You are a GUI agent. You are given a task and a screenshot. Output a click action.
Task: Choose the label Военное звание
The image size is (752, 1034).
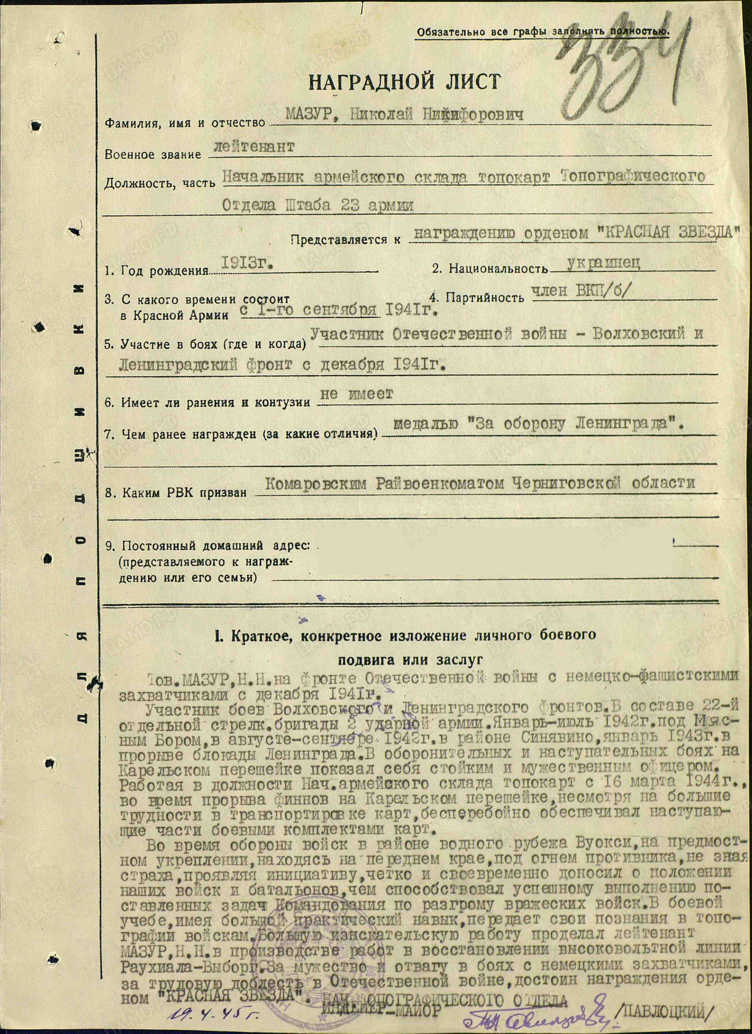pyautogui.click(x=153, y=154)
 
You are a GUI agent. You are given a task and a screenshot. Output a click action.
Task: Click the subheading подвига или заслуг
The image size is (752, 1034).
pyautogui.click(x=409, y=660)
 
